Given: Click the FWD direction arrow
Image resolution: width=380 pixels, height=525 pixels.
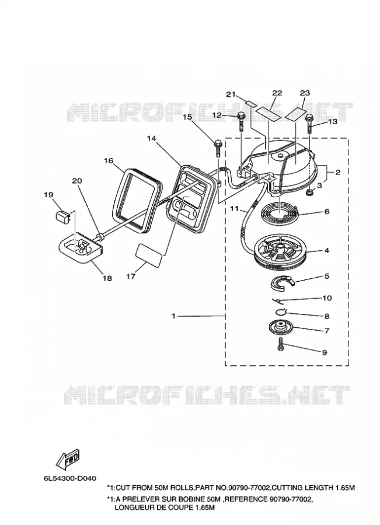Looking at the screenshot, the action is point(68,459).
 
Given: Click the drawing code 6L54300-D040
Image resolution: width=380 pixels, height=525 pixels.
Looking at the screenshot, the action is point(69,478).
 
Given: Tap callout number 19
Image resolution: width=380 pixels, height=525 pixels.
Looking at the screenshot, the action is point(48,194).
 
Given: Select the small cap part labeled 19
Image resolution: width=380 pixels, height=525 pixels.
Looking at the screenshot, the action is point(62,216).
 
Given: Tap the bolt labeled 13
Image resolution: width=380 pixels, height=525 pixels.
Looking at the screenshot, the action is point(309,124).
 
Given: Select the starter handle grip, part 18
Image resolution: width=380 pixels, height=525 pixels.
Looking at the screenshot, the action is point(80,248).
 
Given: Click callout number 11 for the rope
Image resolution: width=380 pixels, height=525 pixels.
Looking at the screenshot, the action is point(235,209).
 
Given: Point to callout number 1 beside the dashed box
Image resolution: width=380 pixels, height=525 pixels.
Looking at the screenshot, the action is point(173,316).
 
